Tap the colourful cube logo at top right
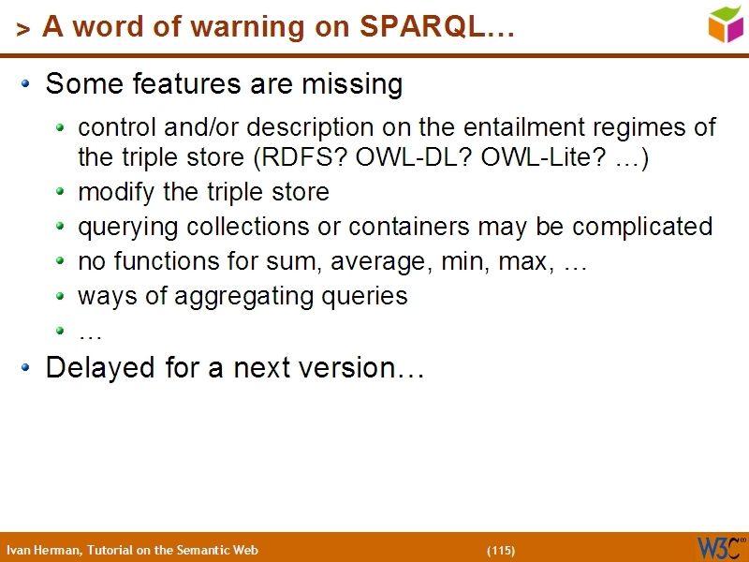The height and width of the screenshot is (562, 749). click(726, 23)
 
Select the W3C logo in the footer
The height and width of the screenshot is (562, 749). click(719, 547)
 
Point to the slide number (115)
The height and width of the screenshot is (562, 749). click(501, 550)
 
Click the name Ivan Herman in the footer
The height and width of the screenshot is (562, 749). click(43, 550)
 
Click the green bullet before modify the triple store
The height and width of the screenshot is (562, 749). click(61, 193)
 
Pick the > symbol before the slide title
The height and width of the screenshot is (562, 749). click(23, 29)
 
